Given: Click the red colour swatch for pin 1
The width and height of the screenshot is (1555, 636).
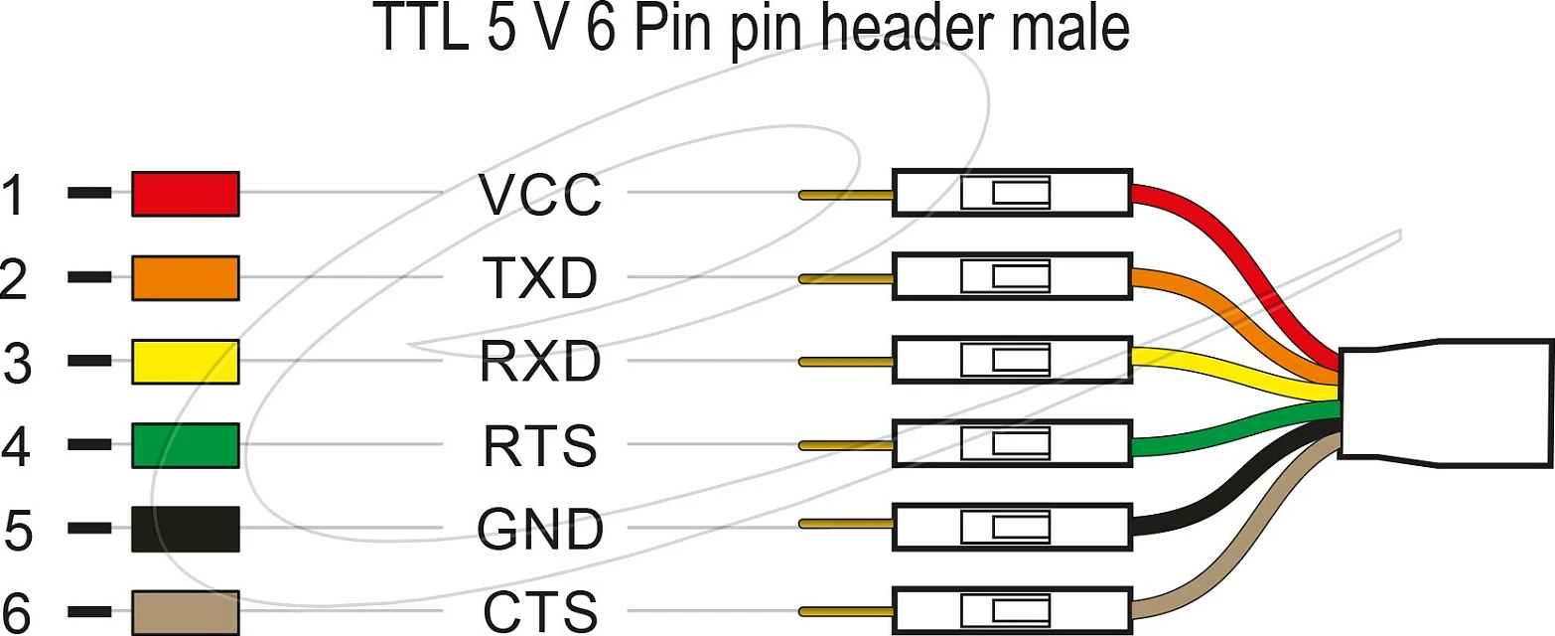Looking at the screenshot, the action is click(x=186, y=194).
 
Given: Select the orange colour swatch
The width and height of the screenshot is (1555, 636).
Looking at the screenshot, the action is click(x=186, y=278).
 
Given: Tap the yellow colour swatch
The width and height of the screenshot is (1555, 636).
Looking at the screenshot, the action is click(x=186, y=362).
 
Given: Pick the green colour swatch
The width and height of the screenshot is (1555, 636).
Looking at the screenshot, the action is click(x=186, y=445).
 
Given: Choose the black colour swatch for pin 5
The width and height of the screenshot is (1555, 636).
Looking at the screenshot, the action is click(x=186, y=529).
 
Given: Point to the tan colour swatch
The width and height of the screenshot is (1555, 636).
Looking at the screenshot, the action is click(x=186, y=612).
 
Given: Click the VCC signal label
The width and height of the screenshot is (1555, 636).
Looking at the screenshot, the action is click(x=540, y=195).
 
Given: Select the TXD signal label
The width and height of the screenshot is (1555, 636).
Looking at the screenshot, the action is click(x=540, y=278).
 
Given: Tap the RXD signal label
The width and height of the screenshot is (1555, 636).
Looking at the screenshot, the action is click(x=540, y=362).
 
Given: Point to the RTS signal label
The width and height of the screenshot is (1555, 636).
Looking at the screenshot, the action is click(x=540, y=445).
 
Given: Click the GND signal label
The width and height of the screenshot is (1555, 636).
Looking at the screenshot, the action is click(x=540, y=529).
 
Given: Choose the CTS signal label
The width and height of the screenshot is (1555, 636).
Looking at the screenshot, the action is click(x=540, y=612).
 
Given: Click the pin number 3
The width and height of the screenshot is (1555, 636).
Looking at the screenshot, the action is click(x=17, y=362).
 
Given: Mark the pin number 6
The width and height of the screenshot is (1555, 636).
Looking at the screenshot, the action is click(x=17, y=613).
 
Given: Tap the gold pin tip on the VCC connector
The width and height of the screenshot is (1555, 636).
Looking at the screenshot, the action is click(x=846, y=196).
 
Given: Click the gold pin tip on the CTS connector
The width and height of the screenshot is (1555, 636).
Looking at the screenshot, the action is click(x=846, y=612).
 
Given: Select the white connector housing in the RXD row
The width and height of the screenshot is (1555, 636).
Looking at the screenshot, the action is click(x=1012, y=360).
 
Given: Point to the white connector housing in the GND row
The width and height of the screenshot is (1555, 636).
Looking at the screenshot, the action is click(x=1012, y=527).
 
